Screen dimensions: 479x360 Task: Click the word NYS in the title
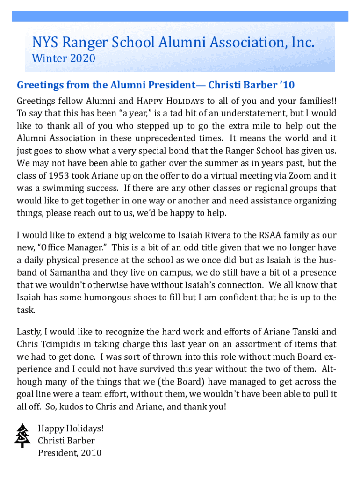43,43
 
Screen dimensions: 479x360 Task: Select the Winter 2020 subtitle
63,59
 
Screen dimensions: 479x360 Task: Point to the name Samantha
68,273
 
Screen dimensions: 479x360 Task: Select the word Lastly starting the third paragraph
29,332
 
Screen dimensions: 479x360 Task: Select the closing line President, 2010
69,453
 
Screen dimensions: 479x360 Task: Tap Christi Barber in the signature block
66,441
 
